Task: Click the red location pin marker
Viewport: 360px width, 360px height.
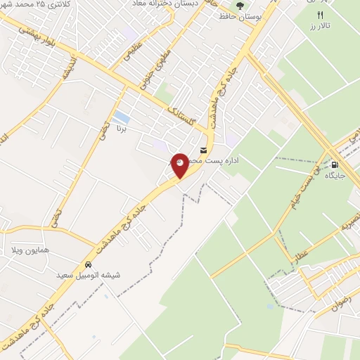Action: [x=180, y=165]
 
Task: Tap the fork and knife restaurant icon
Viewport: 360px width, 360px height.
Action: [x=320, y=15]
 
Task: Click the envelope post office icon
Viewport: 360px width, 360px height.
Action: [x=204, y=150]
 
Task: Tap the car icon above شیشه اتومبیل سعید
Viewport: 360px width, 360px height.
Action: [x=88, y=265]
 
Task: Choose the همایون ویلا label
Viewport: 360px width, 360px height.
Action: [x=31, y=250]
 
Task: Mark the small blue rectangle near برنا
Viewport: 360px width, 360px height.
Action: [x=121, y=116]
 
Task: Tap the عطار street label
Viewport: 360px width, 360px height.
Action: [x=302, y=251]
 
